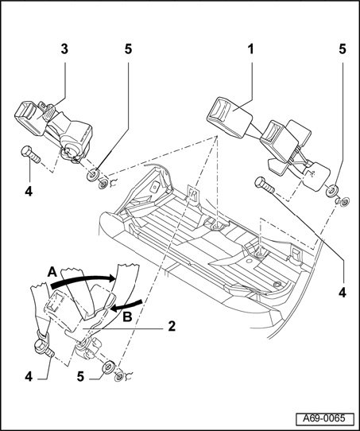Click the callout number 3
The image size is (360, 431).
[x=64, y=50]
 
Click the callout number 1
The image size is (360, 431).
[x=250, y=50]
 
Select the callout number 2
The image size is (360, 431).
[x=172, y=327]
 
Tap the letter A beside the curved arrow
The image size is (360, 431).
[x=52, y=273]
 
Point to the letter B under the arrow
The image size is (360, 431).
[x=127, y=317]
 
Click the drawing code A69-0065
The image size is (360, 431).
[x=323, y=418]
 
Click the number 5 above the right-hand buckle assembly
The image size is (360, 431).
[x=343, y=50]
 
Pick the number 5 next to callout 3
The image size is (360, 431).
[x=128, y=50]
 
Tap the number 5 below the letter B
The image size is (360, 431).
[x=80, y=376]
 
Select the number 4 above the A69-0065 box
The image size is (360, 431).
[x=343, y=293]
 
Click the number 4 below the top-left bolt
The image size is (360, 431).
[x=29, y=191]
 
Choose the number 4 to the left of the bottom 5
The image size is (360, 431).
[x=29, y=376]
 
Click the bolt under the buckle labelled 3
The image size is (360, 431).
[x=30, y=155]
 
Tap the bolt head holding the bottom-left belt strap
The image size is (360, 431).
[x=40, y=345]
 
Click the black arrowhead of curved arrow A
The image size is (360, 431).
[x=112, y=278]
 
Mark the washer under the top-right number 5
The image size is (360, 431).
[x=331, y=191]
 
